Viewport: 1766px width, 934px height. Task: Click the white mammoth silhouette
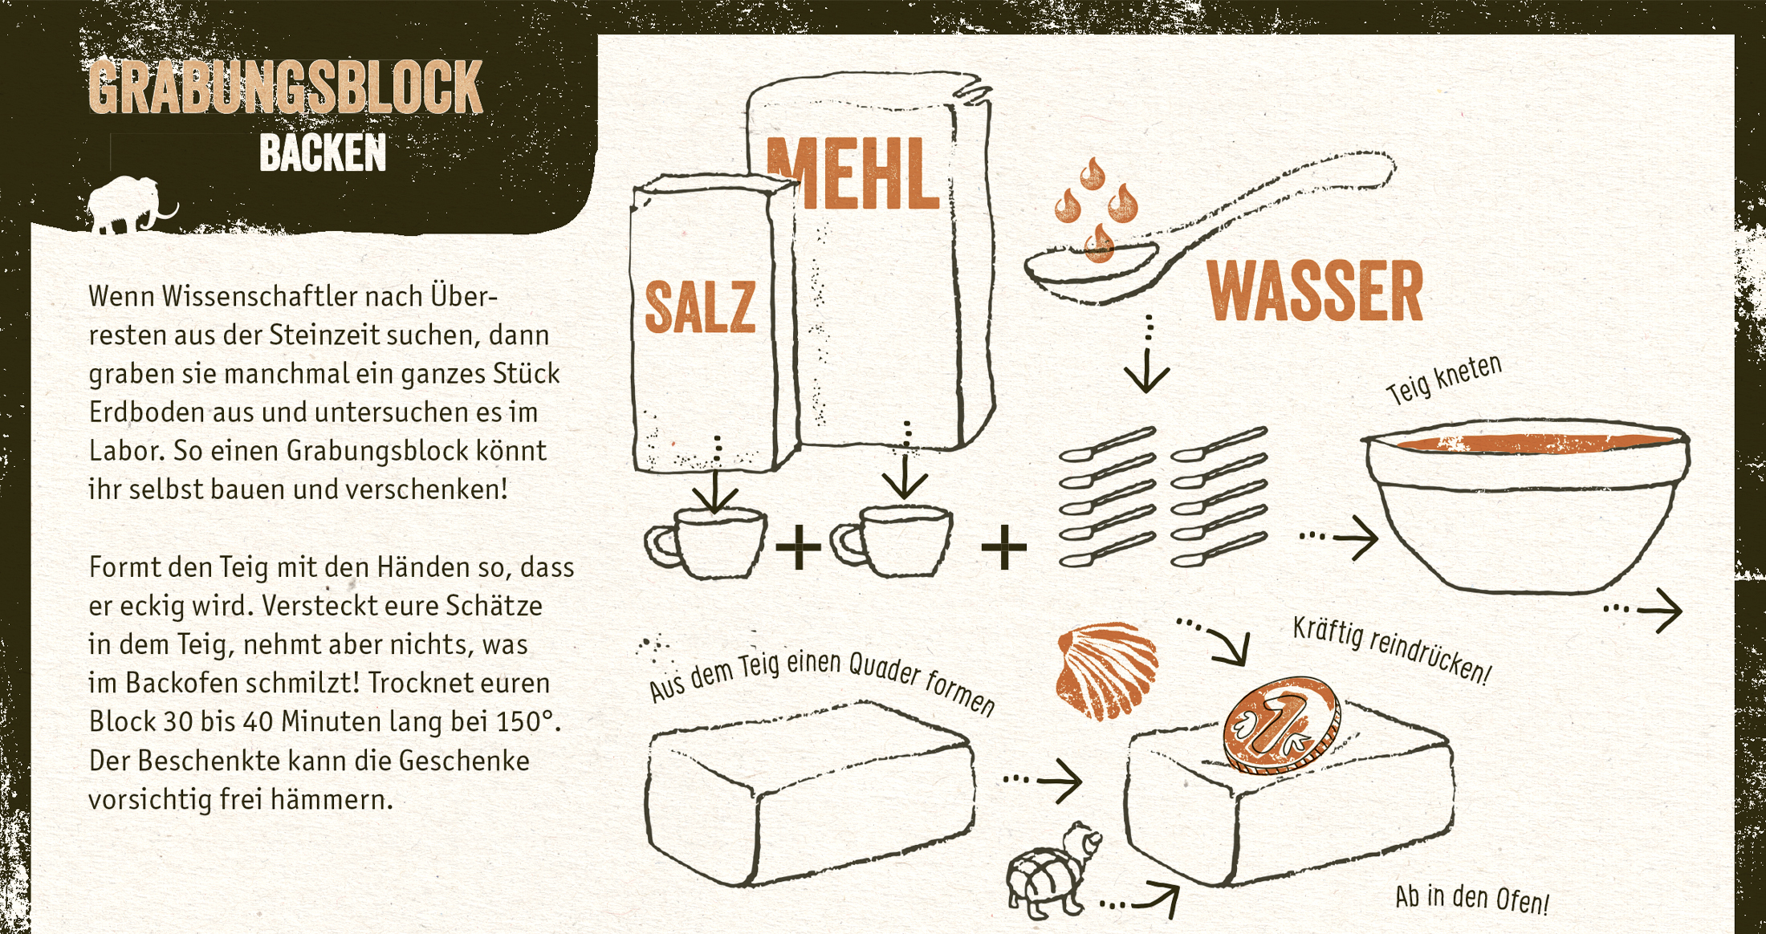pos(128,207)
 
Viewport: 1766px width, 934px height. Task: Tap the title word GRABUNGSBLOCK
pos(285,87)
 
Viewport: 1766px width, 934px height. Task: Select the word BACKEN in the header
pos(323,152)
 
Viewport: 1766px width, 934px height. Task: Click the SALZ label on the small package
pos(700,307)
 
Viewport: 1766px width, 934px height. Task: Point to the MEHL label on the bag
pos(852,173)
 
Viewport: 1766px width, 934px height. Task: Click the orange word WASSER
pos(1315,291)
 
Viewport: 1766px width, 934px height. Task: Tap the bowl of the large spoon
pos(1092,269)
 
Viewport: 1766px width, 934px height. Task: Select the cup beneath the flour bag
pos(891,541)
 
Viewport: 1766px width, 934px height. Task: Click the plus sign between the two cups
pos(798,547)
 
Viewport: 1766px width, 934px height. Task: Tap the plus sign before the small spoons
pos(1003,547)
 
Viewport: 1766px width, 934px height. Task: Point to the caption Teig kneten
pos(1443,379)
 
